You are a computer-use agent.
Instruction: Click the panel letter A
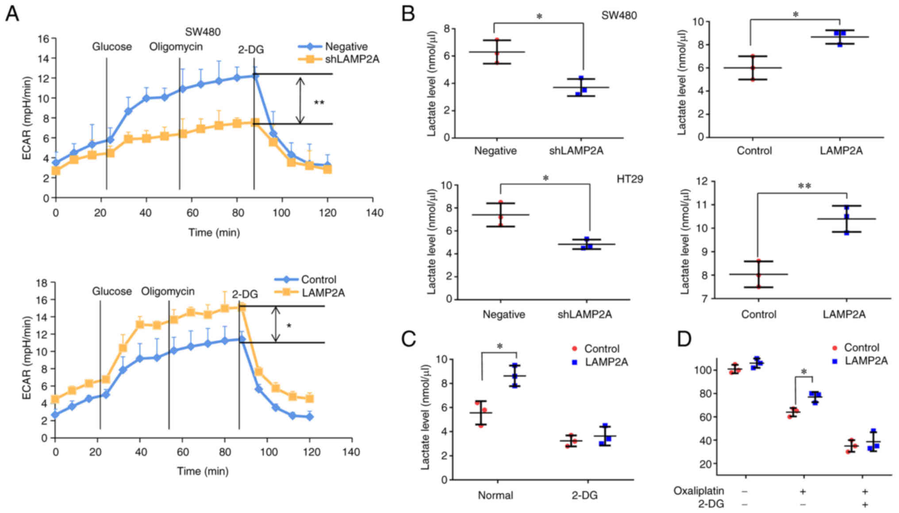click(x=12, y=14)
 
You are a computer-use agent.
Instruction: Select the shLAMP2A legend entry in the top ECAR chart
click(x=352, y=59)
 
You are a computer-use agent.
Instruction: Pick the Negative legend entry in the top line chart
click(x=346, y=46)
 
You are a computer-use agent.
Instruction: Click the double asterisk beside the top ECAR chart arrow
click(x=319, y=103)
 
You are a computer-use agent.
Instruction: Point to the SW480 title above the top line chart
click(x=203, y=32)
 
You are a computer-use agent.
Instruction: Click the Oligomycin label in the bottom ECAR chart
click(x=168, y=291)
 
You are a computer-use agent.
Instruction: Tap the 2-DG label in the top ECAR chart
click(x=251, y=50)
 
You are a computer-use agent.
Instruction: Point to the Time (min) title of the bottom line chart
click(x=203, y=471)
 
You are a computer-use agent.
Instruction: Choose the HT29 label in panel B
click(x=630, y=179)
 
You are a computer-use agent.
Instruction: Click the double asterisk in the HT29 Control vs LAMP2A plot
click(x=804, y=186)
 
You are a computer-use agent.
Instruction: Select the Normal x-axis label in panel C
click(x=495, y=495)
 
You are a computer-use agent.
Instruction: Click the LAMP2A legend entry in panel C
click(x=606, y=362)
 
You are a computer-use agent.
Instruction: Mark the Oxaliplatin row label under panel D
click(x=699, y=491)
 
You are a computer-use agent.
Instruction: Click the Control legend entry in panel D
click(x=861, y=347)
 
